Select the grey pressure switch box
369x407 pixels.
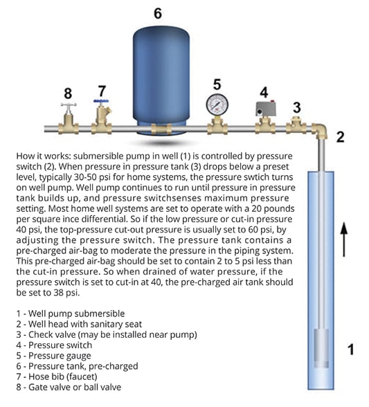(264, 110)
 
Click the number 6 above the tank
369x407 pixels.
(157, 13)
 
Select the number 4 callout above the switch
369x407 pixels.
(264, 91)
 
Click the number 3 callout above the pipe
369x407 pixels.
(296, 107)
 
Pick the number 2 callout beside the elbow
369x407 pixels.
(339, 136)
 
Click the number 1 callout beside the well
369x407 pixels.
(350, 350)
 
